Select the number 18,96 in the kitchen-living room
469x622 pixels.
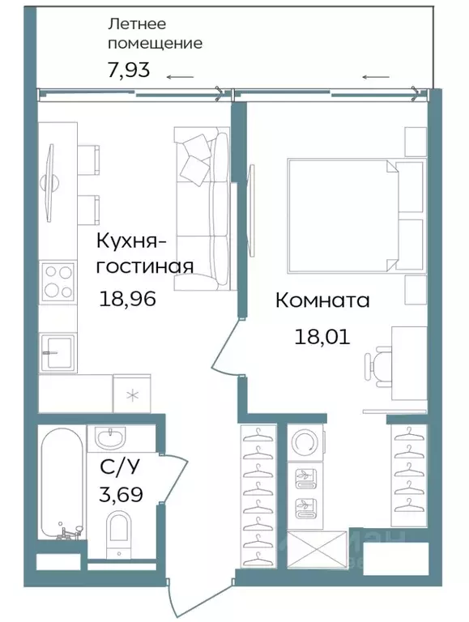click(127, 299)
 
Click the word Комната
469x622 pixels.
click(322, 300)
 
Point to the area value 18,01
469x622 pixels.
click(322, 336)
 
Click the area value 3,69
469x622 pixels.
click(121, 494)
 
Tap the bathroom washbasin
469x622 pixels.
click(109, 439)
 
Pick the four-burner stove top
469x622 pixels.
click(57, 282)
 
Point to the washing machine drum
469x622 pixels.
click(305, 442)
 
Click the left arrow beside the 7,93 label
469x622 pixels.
click(180, 78)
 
